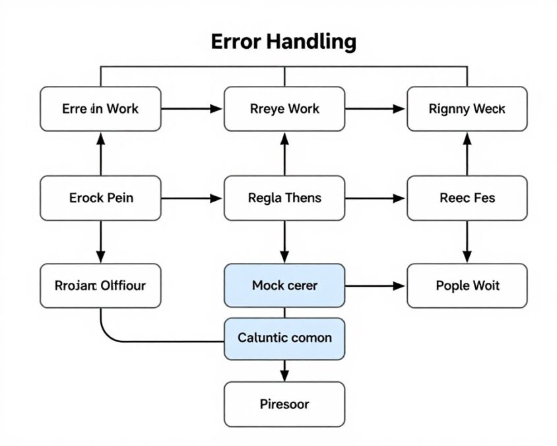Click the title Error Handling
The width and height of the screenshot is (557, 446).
(284, 42)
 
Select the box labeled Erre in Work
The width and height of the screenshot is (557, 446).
(100, 109)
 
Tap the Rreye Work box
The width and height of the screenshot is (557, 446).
(284, 109)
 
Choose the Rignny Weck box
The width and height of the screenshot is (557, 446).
(467, 109)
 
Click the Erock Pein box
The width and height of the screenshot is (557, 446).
(100, 198)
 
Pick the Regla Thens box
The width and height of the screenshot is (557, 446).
(284, 198)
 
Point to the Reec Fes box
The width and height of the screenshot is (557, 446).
(467, 198)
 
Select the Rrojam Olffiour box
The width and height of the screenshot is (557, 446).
(100, 285)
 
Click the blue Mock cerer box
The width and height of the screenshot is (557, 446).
(284, 285)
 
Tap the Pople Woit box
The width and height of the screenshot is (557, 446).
(467, 285)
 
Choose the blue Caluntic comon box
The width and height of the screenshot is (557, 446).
(284, 338)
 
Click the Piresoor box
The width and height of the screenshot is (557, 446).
(284, 404)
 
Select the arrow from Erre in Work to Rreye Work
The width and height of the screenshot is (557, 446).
(192, 109)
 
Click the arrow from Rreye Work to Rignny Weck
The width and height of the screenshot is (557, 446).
(376, 109)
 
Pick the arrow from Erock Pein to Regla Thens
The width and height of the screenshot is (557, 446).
(192, 198)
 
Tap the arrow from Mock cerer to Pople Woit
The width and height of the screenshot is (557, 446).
(376, 285)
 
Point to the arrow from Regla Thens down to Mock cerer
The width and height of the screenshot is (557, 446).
(284, 242)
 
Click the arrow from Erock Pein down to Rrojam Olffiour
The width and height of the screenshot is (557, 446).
(100, 242)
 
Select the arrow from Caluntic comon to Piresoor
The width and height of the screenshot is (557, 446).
(284, 371)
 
